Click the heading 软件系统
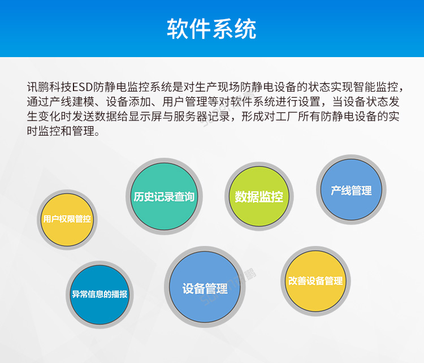click(x=211, y=28)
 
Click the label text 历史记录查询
click(x=164, y=197)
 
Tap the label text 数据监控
click(x=259, y=197)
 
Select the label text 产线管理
click(x=351, y=191)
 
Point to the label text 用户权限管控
click(x=67, y=219)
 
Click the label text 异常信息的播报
click(x=99, y=295)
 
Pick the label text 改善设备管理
click(x=315, y=281)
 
